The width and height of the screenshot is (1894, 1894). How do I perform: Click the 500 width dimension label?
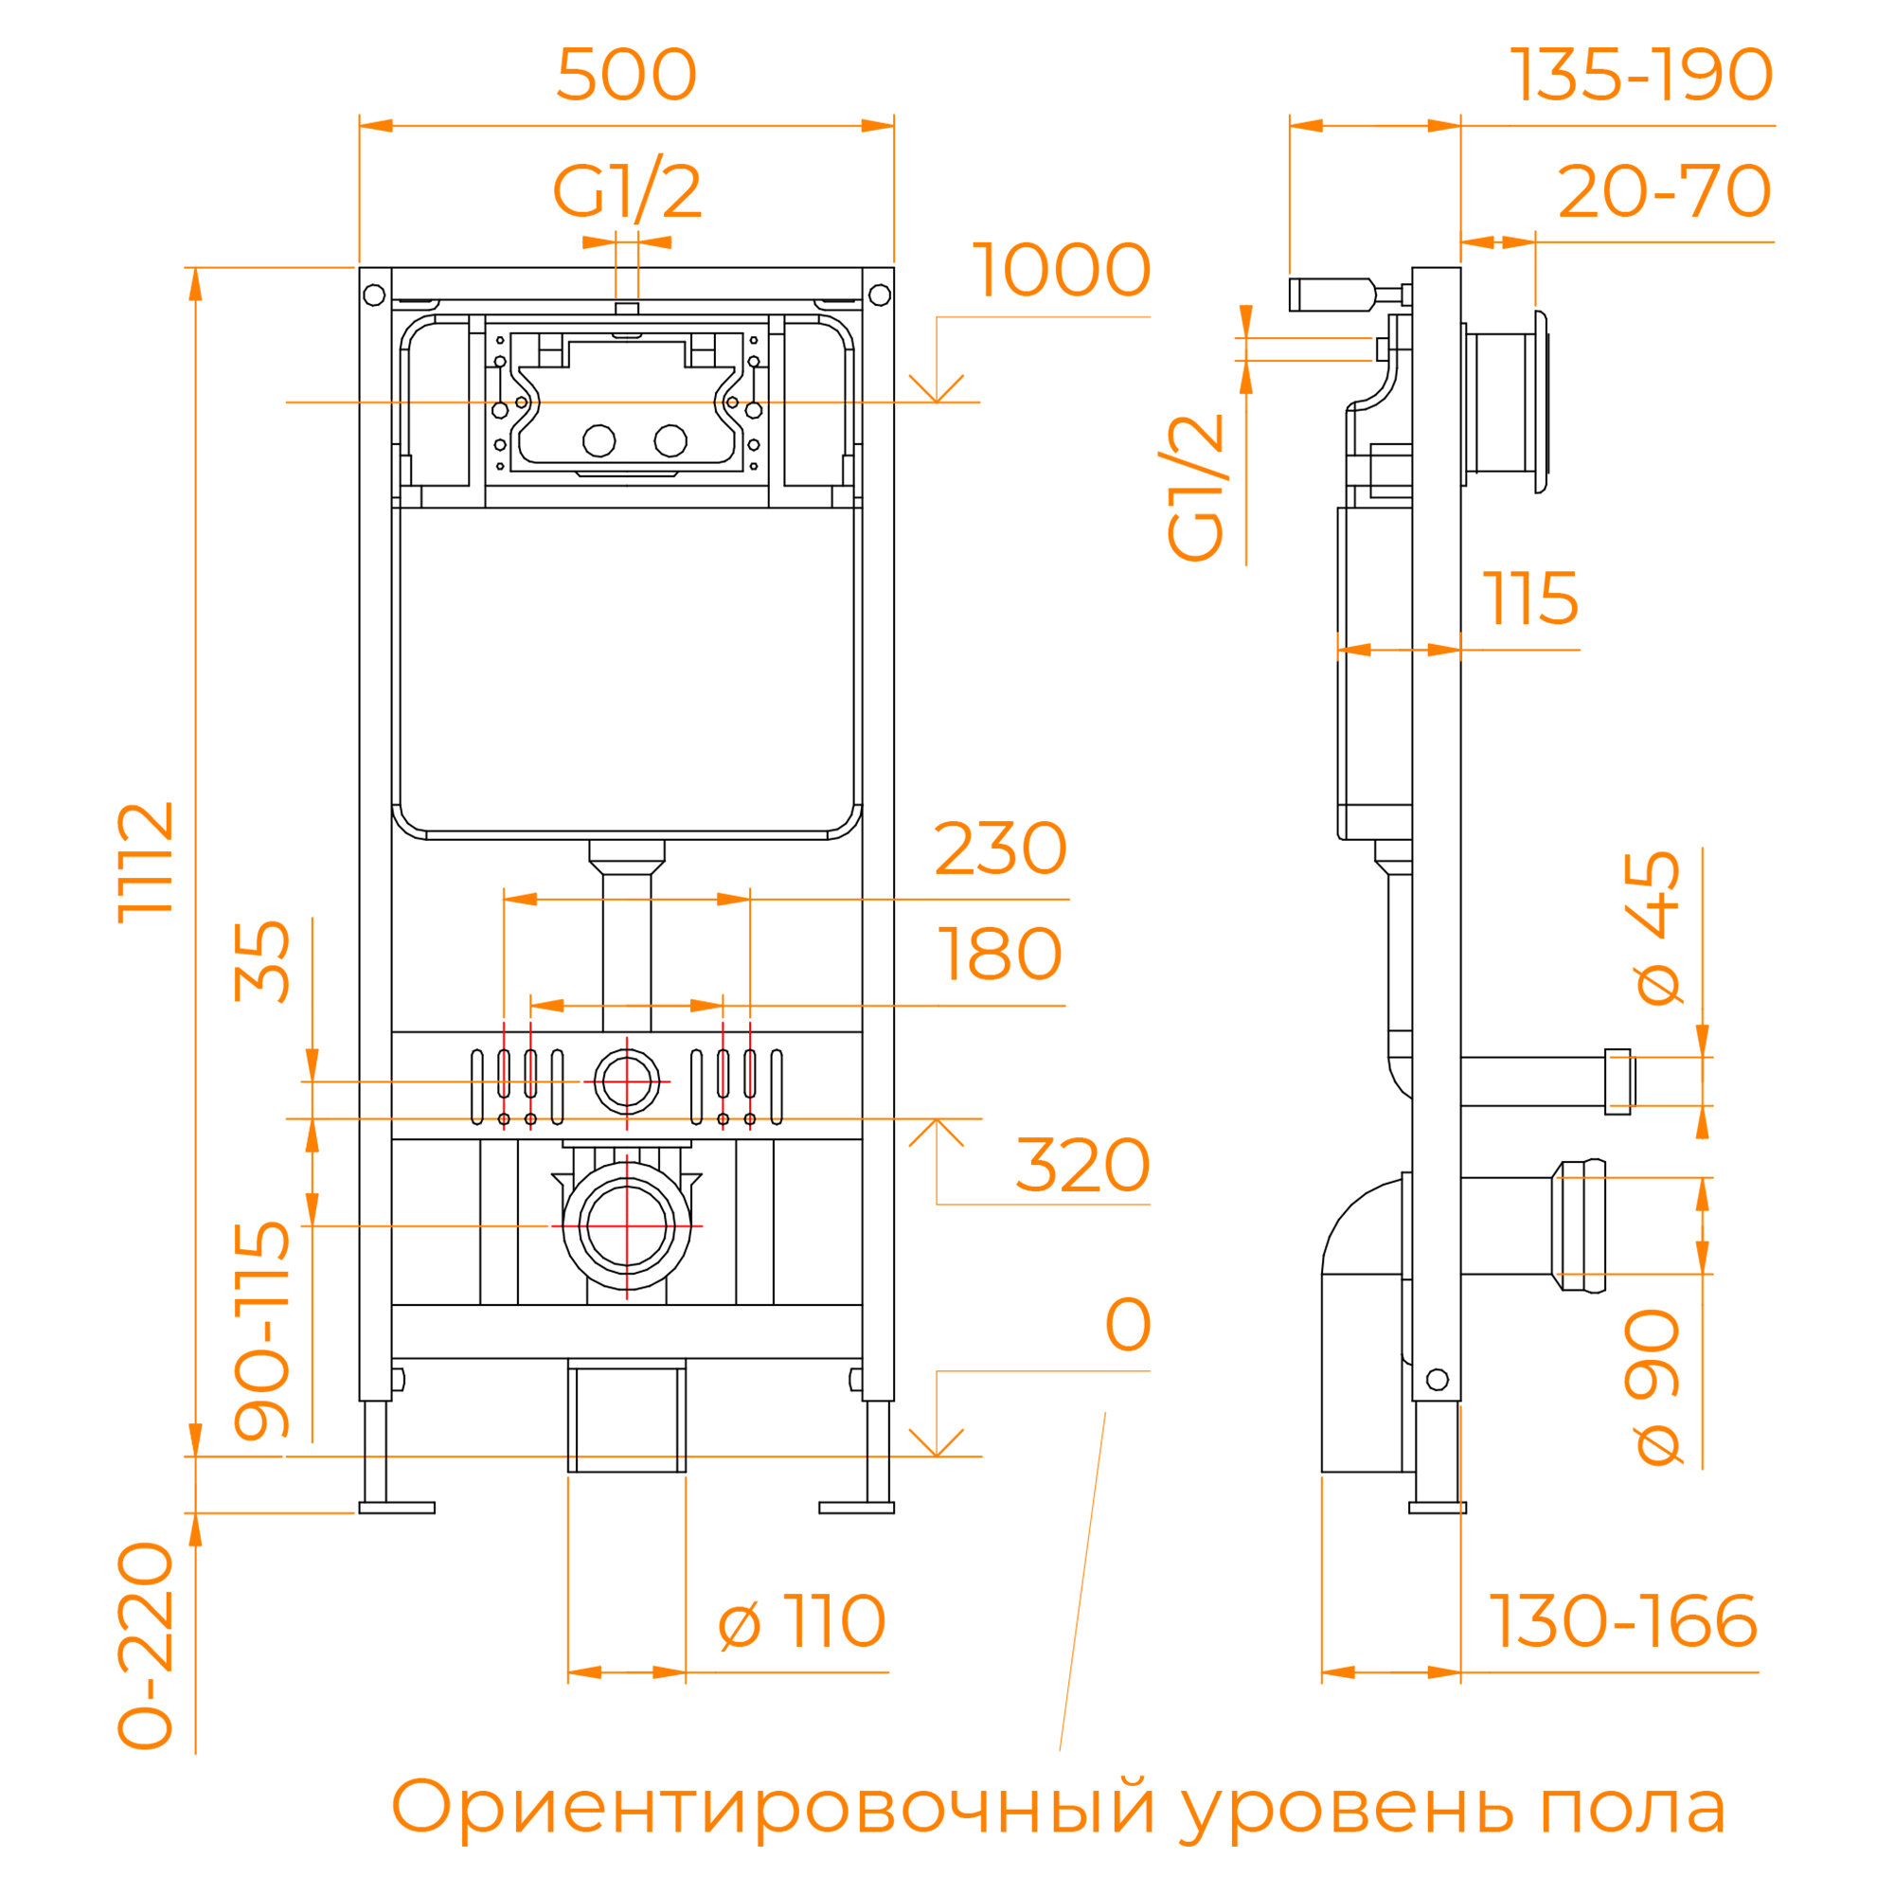(626, 76)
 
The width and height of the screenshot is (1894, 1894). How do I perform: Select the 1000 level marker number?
(1061, 271)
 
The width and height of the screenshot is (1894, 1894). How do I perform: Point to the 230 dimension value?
(1000, 849)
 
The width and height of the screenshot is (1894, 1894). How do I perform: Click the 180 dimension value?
(1000, 955)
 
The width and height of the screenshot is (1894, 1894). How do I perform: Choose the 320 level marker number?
(1082, 1166)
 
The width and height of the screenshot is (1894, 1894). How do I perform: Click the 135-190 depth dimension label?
(1641, 76)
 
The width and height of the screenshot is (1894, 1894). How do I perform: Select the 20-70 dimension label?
(1665, 192)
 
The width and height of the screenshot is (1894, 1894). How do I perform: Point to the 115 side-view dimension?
(1530, 599)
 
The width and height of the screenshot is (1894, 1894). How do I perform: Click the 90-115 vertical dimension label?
(262, 1331)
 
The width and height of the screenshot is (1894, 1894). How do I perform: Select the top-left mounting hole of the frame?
(374, 295)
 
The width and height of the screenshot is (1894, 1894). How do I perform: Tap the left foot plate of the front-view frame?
(397, 1508)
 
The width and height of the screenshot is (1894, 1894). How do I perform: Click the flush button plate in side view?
(1541, 402)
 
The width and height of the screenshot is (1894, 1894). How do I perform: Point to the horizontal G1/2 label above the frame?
(628, 192)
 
